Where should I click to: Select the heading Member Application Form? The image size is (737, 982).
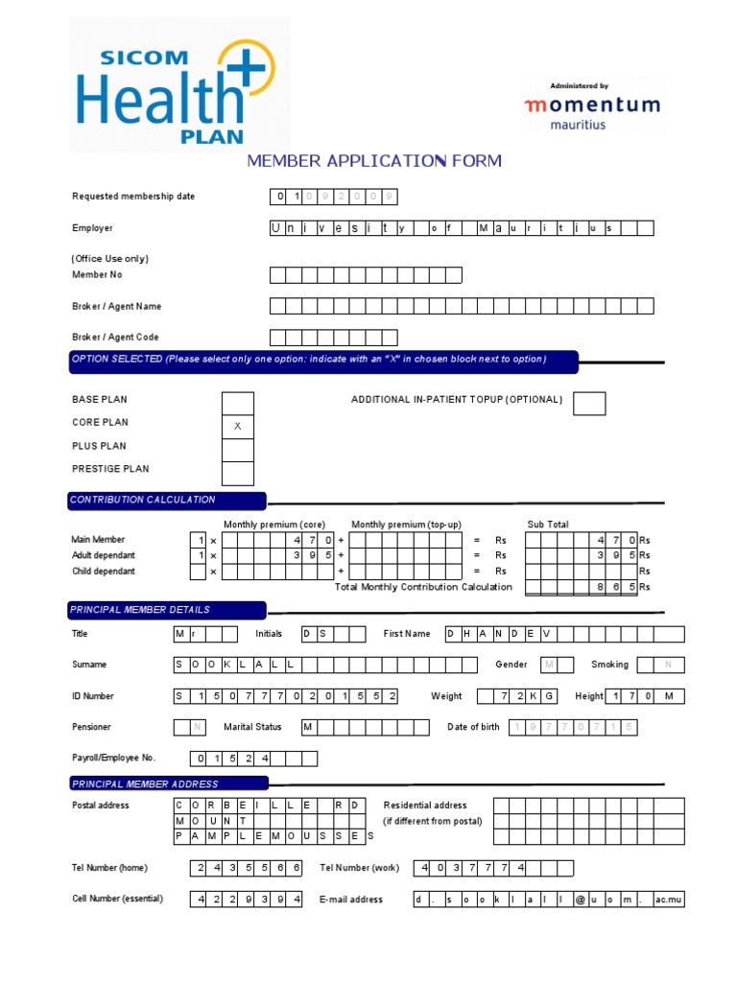click(374, 161)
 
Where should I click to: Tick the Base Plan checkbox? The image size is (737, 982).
click(238, 403)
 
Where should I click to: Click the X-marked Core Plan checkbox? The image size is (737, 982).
click(238, 426)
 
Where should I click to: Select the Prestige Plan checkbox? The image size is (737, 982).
click(238, 473)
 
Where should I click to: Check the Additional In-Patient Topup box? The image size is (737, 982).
click(589, 404)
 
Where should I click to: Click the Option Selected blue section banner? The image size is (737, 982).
click(323, 361)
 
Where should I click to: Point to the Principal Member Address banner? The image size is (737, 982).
click(169, 783)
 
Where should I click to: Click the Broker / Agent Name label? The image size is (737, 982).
click(116, 307)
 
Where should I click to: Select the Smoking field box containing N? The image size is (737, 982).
click(668, 665)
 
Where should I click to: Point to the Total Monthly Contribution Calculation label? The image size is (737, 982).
click(423, 587)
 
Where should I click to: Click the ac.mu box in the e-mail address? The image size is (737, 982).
click(668, 900)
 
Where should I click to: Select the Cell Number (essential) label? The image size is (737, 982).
click(117, 900)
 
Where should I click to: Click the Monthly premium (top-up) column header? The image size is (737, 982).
click(406, 525)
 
